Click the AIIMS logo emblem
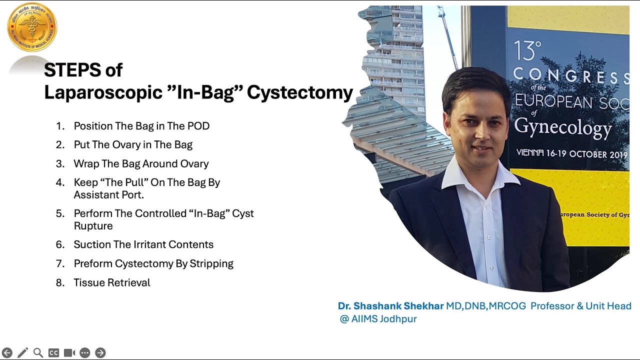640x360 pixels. pyautogui.click(x=32, y=27)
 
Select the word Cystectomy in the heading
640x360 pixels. pyautogui.click(x=300, y=92)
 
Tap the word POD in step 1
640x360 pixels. pyautogui.click(x=198, y=126)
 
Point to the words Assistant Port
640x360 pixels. pyautogui.click(x=108, y=195)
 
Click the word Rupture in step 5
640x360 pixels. pyautogui.click(x=93, y=226)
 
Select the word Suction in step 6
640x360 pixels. pyautogui.click(x=91, y=244)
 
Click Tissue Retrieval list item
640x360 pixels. pyautogui.click(x=112, y=282)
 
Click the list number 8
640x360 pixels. pyautogui.click(x=60, y=282)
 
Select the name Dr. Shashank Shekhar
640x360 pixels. pyautogui.click(x=390, y=306)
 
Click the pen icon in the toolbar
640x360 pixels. pyautogui.click(x=22, y=353)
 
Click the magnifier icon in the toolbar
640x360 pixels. pyautogui.click(x=38, y=353)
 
